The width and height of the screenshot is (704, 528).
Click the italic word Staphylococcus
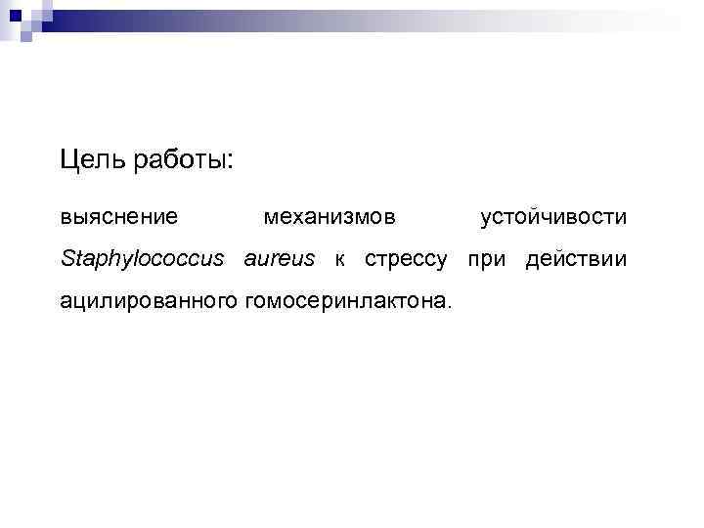click(142, 260)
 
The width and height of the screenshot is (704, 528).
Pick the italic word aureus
click(280, 259)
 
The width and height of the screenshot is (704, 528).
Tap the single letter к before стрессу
click(339, 260)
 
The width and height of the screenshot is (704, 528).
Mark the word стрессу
click(406, 261)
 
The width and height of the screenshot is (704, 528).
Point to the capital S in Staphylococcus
click(66, 259)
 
